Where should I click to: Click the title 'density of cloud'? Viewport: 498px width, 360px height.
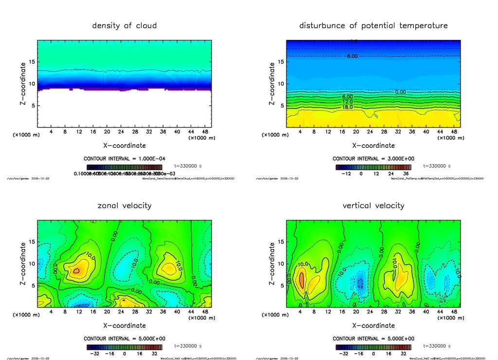124,25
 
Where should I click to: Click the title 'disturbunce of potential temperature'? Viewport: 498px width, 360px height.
373,25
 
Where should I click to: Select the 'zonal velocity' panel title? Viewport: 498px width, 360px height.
124,205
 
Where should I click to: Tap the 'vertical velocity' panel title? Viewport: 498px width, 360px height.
373,205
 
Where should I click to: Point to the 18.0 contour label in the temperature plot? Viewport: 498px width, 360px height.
347,107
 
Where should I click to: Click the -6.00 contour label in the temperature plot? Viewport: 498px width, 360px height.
352,56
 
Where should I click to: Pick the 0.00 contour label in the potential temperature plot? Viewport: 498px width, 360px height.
400,91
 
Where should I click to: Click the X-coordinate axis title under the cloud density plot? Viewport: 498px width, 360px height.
124,145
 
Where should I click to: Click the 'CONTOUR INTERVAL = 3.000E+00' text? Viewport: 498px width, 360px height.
373,159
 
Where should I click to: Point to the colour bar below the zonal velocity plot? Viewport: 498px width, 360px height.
124,347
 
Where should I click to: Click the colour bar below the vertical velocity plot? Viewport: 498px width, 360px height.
373,347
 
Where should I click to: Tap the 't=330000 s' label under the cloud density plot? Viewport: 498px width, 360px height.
188,166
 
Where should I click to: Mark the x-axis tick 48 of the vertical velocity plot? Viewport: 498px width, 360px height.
453,312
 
